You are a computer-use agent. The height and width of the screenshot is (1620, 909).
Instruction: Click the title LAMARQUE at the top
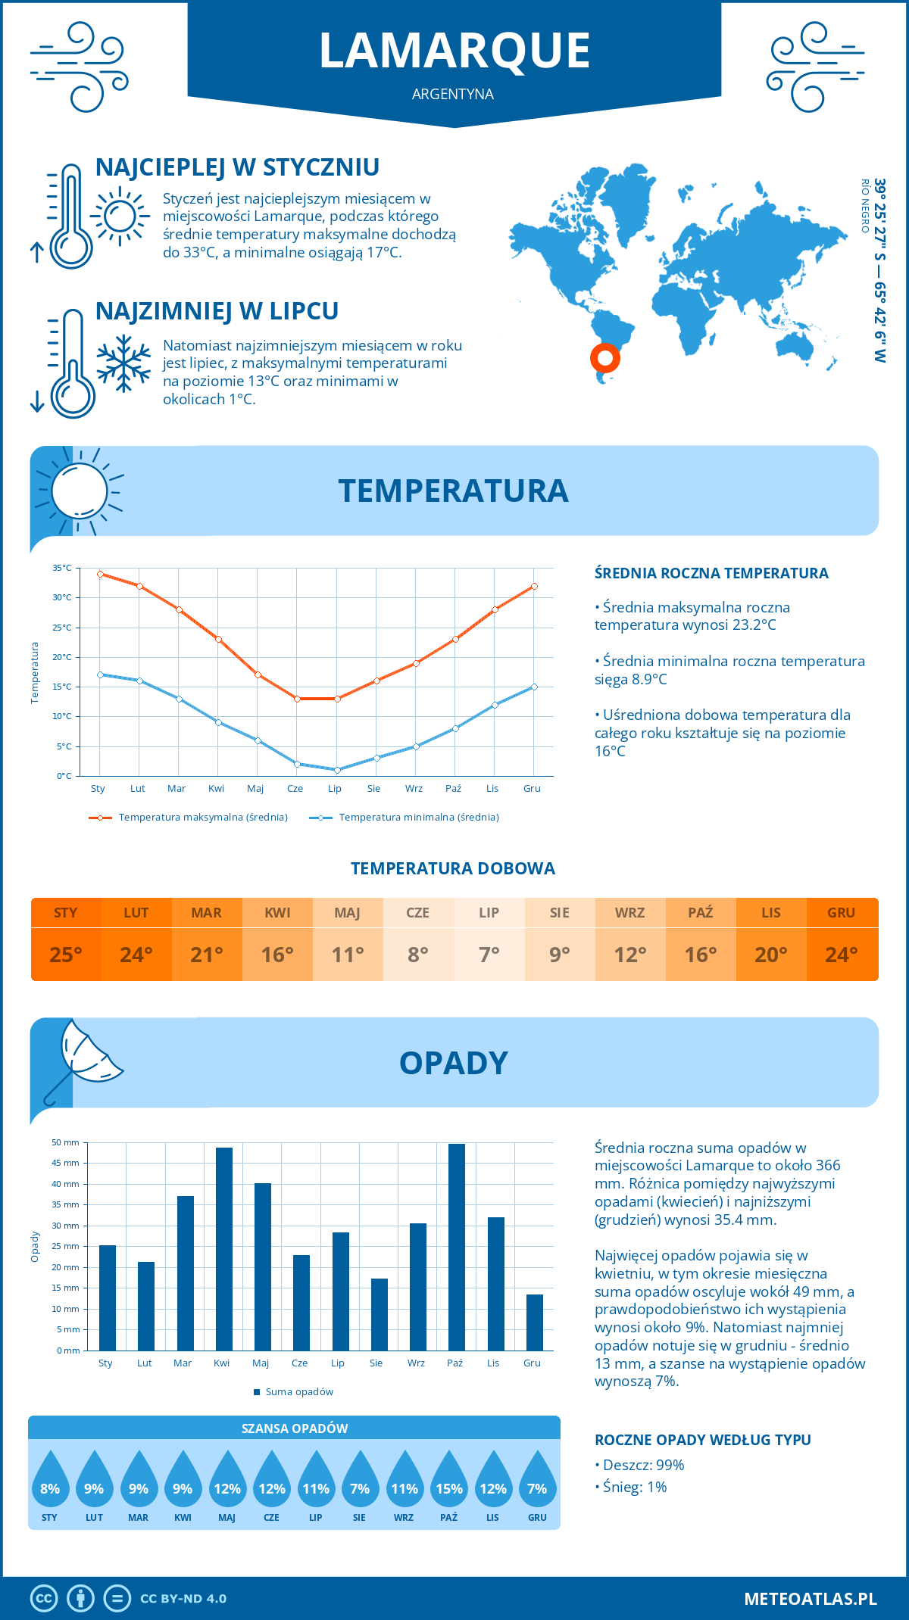(454, 51)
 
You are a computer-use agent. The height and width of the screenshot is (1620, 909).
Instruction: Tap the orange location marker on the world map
(604, 357)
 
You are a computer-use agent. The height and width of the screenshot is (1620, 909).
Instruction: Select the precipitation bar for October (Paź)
(457, 1247)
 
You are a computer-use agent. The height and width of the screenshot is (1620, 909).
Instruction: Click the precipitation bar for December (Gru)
(535, 1322)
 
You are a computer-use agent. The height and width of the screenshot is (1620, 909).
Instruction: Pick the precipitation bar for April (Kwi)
(224, 1249)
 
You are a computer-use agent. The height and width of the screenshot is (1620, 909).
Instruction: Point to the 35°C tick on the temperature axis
(62, 568)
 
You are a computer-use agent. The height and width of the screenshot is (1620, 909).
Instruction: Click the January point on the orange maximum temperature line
(100, 574)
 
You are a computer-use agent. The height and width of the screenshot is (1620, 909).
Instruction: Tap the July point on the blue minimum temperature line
(337, 770)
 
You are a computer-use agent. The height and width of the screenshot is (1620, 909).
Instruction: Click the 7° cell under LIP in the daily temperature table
(489, 955)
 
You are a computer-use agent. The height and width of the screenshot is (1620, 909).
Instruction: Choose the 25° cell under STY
(66, 955)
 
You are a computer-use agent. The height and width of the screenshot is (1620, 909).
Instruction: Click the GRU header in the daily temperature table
(842, 912)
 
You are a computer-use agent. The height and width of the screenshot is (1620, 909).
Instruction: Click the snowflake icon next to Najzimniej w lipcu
(123, 363)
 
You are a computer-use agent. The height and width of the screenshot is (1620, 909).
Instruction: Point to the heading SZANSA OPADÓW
(295, 1428)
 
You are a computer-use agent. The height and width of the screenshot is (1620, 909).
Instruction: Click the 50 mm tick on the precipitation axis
(66, 1142)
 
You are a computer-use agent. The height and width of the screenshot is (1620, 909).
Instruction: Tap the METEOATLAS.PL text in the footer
(810, 1598)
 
